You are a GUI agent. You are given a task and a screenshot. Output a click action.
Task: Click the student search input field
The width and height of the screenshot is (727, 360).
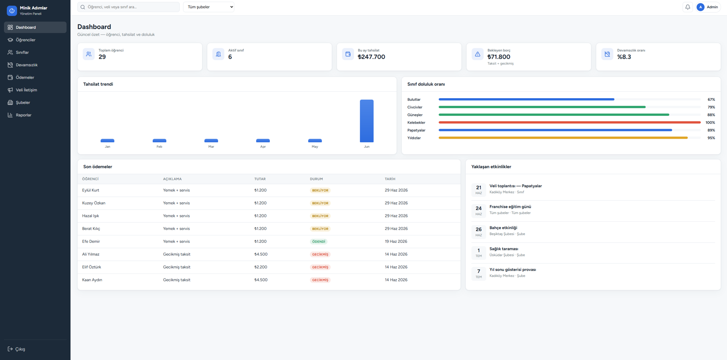(128, 7)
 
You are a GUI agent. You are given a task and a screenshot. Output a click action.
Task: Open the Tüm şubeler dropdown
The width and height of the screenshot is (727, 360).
(209, 7)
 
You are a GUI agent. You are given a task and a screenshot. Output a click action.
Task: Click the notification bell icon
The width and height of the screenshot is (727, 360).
(687, 7)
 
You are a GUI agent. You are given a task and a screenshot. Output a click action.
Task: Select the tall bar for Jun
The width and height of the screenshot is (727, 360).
(366, 121)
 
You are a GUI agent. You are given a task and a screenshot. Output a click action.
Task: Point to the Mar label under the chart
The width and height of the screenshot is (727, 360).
(211, 147)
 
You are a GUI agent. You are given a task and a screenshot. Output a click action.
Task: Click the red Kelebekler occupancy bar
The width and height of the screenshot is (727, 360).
(570, 122)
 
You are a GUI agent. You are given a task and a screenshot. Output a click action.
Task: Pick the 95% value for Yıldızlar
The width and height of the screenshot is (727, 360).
(711, 138)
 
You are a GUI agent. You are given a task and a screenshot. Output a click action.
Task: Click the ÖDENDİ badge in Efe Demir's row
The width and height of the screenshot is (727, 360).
(319, 241)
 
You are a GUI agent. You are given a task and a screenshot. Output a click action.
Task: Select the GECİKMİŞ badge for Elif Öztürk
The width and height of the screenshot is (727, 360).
(320, 267)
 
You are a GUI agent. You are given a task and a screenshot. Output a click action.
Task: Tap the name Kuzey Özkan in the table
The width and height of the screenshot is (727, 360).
(94, 203)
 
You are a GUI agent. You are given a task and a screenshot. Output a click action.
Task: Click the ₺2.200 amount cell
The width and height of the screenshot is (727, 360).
(261, 267)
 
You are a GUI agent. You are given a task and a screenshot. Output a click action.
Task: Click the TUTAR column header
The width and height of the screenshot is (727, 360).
(260, 179)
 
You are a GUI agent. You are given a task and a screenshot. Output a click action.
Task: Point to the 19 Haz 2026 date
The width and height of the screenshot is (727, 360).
(396, 241)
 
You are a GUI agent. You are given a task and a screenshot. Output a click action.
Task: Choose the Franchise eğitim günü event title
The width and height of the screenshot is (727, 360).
(510, 207)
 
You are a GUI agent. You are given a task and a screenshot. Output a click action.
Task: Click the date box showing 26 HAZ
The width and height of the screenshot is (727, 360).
(478, 231)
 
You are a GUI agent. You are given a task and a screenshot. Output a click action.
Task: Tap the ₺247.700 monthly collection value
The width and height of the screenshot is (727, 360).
(371, 57)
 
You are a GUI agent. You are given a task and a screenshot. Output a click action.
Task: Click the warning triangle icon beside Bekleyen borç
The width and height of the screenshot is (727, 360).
(478, 54)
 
